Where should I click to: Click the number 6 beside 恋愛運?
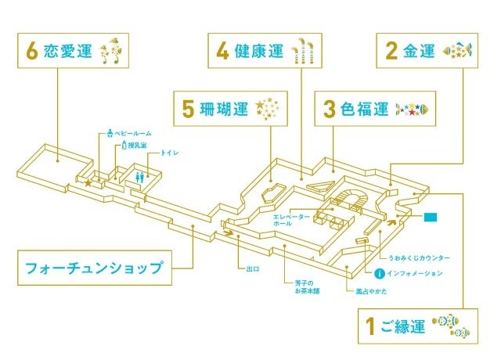point(32,52)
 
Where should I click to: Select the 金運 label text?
point(420,52)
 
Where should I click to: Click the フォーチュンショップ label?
point(94,268)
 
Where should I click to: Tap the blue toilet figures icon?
point(141,176)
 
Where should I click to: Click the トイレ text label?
point(169,153)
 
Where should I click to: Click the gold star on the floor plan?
point(88,183)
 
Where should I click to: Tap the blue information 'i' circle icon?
point(379,273)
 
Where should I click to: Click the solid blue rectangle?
point(431,216)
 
